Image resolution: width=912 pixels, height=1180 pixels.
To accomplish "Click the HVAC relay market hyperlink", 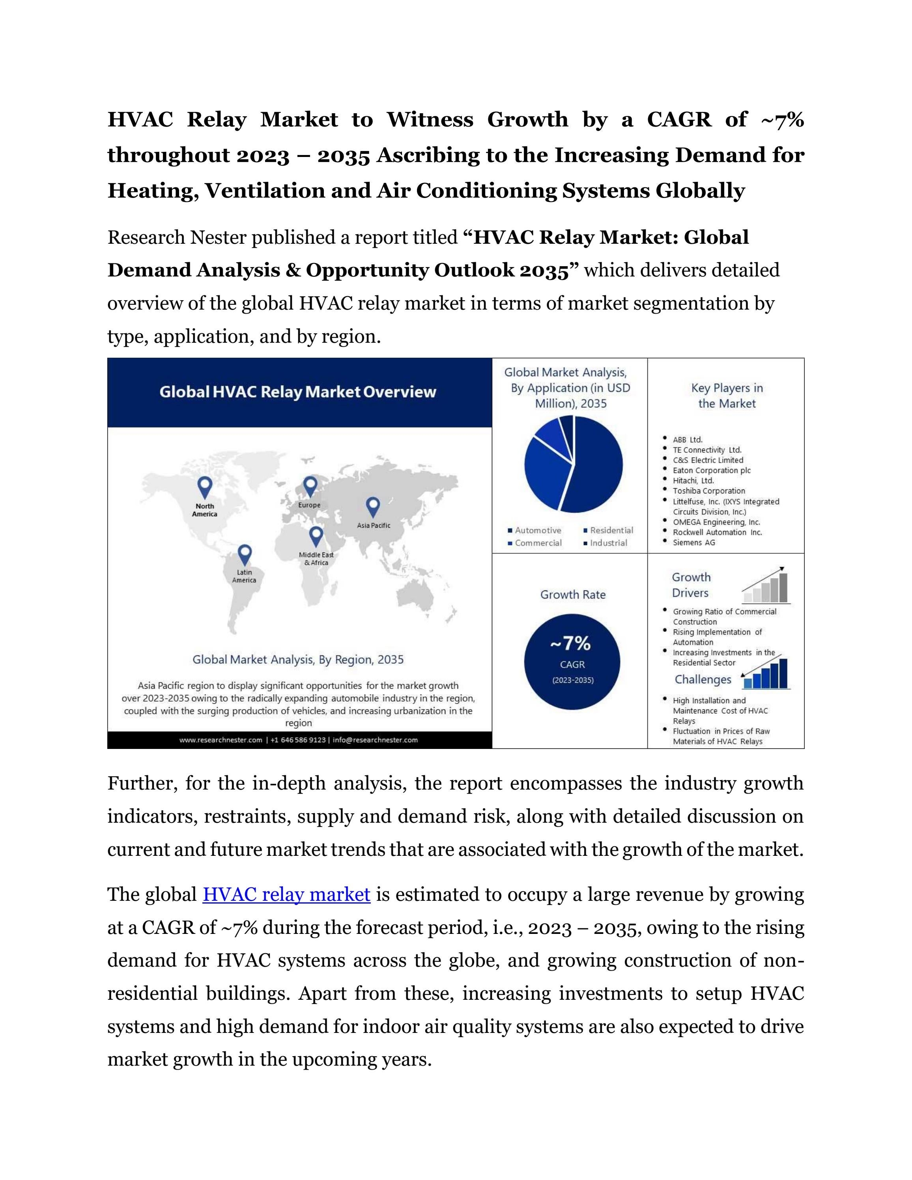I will [286, 894].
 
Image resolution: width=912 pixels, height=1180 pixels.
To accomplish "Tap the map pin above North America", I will [205, 487].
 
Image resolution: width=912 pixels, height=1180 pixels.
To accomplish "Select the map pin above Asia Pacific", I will [373, 507].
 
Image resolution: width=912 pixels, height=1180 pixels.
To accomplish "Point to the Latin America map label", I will [244, 576].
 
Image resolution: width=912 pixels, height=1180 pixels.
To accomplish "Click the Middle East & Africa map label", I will [316, 559].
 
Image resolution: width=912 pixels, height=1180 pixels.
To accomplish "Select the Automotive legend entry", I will [534, 530].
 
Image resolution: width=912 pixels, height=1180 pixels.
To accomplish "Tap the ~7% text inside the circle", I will [572, 644].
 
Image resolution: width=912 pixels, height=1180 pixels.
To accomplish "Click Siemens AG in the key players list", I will [694, 542].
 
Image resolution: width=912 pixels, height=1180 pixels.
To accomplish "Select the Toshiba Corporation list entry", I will [708, 491].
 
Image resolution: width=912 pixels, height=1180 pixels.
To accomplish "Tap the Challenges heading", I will [703, 679].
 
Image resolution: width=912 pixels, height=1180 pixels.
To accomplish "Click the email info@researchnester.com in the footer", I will [375, 740].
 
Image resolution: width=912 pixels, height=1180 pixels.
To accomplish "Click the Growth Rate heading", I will [573, 594].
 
